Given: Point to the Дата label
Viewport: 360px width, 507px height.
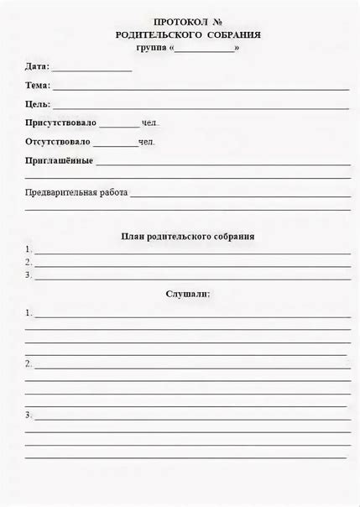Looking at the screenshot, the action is pyautogui.click(x=37, y=66).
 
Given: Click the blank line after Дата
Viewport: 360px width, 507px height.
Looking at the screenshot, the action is pyautogui.click(x=92, y=69).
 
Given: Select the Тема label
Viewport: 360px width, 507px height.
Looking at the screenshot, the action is pyautogui.click(x=38, y=85).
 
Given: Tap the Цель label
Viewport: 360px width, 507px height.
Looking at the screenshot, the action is pyautogui.click(x=38, y=104).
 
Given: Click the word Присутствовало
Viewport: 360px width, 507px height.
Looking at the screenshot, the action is pyautogui.click(x=60, y=123).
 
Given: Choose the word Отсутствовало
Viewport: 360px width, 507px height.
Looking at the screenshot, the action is pyautogui.click(x=59, y=142).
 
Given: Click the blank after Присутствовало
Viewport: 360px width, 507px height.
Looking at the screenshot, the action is pyautogui.click(x=119, y=125).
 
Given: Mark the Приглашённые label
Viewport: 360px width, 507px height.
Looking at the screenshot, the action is pyautogui.click(x=59, y=160).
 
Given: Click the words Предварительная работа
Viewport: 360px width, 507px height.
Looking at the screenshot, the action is pyautogui.click(x=76, y=192).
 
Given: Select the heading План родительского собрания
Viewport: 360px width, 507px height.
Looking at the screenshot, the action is pyautogui.click(x=187, y=237).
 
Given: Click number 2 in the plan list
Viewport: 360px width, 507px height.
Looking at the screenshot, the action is pyautogui.click(x=29, y=262).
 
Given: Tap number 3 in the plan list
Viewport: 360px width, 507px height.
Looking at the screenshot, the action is pyautogui.click(x=29, y=274).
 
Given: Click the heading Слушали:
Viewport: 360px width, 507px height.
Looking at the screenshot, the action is pyautogui.click(x=187, y=294).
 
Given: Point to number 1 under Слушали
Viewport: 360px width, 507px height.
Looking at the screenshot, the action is pyautogui.click(x=29, y=312).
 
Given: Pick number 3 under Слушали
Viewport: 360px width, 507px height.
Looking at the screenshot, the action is pyautogui.click(x=29, y=414).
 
